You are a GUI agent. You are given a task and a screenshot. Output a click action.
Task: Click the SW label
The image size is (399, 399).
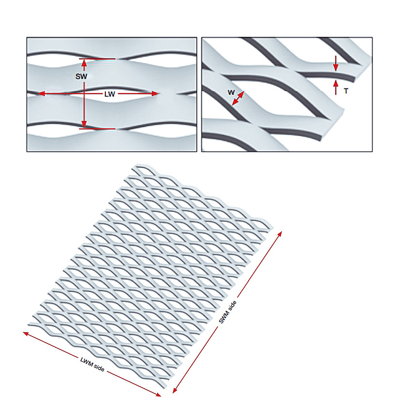coord(81,76)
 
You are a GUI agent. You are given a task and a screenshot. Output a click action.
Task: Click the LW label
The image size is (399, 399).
coord(110,94)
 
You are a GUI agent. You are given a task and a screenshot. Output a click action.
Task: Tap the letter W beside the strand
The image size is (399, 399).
coord(231,92)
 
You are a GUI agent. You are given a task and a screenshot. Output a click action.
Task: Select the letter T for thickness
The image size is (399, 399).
coord(346,91)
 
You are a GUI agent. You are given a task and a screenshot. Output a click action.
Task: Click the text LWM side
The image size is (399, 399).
coord(92,364)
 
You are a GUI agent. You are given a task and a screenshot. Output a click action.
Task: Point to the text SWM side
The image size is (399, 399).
coord(228,312)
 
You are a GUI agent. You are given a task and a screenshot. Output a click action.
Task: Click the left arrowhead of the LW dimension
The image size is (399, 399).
coord(42,93)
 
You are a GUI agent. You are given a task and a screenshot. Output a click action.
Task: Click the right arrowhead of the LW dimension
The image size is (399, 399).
coord(155,94)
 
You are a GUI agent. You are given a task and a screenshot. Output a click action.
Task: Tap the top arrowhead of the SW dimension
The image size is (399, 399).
coord(84,62)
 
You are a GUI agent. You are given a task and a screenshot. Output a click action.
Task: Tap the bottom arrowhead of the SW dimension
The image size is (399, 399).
coord(84,125)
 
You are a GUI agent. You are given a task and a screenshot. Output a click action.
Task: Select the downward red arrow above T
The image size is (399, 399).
coord(336,64)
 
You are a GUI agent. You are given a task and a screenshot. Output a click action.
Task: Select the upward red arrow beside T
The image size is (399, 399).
coord(336,87)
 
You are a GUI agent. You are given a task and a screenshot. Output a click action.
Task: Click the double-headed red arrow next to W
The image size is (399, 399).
coord(238,98)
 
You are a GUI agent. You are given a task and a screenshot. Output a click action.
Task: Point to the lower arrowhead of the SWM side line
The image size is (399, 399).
coord(175,391)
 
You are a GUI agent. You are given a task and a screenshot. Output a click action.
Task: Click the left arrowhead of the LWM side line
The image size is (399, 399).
coord(26,333)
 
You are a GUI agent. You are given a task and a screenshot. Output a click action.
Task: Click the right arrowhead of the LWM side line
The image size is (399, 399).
coord(158,395)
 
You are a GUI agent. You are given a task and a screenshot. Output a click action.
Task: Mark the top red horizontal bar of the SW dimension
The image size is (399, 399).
coord(97,59)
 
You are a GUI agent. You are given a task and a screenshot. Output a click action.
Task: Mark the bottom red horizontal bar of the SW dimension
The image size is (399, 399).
coord(97,129)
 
